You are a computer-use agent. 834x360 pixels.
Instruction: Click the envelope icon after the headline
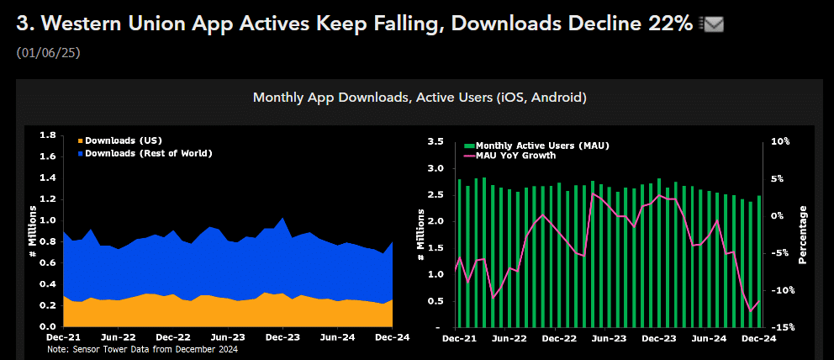point(711,25)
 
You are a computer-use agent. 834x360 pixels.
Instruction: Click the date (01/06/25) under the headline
point(48,53)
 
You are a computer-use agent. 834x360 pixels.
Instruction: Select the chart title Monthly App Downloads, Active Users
point(420,98)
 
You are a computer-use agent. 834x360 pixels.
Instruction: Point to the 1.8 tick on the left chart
point(48,135)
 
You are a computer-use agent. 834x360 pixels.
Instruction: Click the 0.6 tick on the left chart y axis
point(48,262)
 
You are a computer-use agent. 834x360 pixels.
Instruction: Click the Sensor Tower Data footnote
point(143,349)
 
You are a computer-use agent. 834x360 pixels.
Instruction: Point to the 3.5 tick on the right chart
point(435,141)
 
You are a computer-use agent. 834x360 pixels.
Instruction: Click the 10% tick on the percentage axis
point(780,141)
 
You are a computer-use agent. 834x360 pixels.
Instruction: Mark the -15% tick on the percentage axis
point(780,327)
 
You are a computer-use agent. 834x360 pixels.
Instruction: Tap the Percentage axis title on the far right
point(803,235)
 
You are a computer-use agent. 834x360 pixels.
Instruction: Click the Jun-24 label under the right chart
point(709,339)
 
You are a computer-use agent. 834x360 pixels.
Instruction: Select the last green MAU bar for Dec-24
point(758,261)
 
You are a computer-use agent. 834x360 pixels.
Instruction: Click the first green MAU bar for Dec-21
point(459,252)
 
